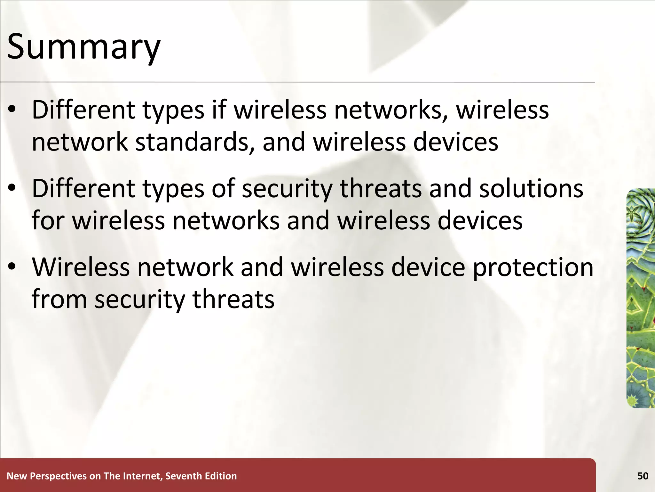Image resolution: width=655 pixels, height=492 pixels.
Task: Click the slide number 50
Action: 643,476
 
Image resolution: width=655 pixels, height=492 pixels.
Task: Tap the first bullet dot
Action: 12,110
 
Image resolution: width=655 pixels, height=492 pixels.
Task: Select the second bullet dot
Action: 12,188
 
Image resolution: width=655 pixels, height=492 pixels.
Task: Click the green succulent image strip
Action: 641,298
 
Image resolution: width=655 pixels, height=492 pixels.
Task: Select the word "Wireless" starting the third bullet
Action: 81,267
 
